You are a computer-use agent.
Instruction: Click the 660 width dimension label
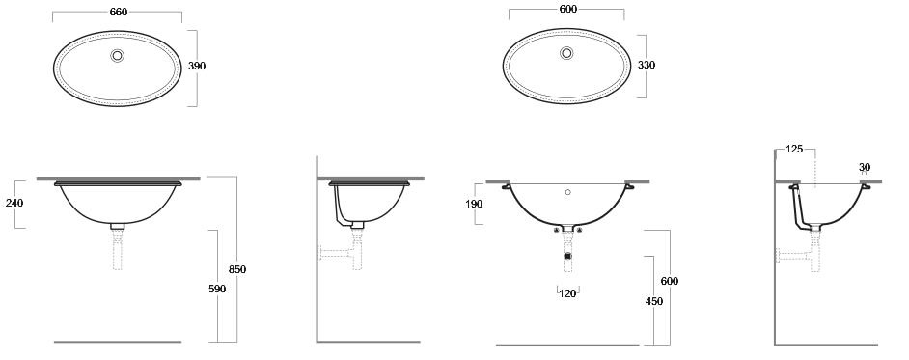(x=119, y=13)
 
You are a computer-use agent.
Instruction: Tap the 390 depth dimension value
(x=197, y=66)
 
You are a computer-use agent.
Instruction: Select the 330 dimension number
(x=647, y=65)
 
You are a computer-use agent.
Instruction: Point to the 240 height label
(x=14, y=203)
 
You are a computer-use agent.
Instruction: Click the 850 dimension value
(x=237, y=269)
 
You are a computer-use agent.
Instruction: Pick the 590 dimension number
(x=217, y=289)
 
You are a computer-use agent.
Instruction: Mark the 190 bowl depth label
(x=474, y=204)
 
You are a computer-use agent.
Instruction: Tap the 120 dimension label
(x=568, y=294)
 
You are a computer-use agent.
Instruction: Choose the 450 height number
(x=654, y=301)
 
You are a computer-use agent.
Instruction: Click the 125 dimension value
(x=794, y=149)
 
